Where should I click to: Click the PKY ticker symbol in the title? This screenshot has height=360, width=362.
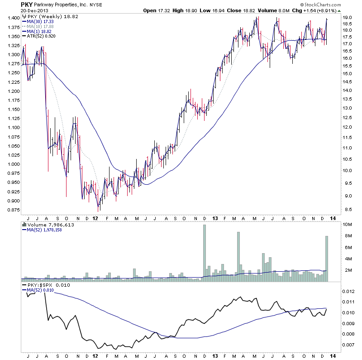pyautogui.click(x=26, y=4)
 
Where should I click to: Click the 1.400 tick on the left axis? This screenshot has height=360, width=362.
pyautogui.click(x=13, y=18)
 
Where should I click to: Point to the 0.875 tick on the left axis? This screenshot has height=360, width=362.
pyautogui.click(x=13, y=210)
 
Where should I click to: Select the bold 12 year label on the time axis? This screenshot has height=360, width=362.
pyautogui.click(x=95, y=218)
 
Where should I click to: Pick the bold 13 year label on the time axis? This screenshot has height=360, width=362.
pyautogui.click(x=215, y=218)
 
